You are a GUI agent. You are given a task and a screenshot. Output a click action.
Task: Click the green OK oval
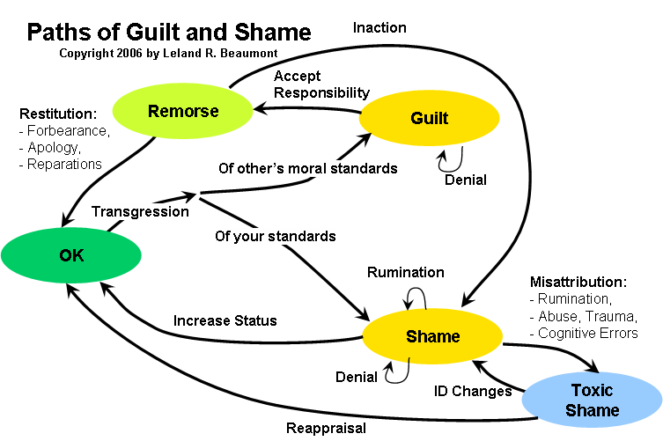pyautogui.click(x=71, y=255)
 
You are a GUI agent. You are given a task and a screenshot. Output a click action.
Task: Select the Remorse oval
pyautogui.click(x=183, y=111)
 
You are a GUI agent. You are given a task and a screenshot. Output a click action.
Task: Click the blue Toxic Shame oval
pyautogui.click(x=592, y=400)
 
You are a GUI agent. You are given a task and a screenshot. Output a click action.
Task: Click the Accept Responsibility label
pyautogui.click(x=321, y=84)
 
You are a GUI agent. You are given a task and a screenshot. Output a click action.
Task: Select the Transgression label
pyautogui.click(x=140, y=211)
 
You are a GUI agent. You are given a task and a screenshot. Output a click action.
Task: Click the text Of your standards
pyautogui.click(x=275, y=236)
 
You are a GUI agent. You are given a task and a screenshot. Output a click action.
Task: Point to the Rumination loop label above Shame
pyautogui.click(x=405, y=272)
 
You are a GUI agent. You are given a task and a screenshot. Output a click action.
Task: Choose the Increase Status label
pyautogui.click(x=225, y=320)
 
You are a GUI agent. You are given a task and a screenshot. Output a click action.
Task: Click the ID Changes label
pyautogui.click(x=474, y=391)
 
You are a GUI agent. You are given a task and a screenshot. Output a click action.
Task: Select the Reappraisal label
pyautogui.click(x=327, y=429)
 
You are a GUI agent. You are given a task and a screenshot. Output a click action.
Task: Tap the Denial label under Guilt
pyautogui.click(x=466, y=180)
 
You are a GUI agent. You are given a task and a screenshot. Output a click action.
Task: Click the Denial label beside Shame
pyautogui.click(x=357, y=377)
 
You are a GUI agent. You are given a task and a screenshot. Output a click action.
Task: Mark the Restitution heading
pyautogui.click(x=57, y=114)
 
